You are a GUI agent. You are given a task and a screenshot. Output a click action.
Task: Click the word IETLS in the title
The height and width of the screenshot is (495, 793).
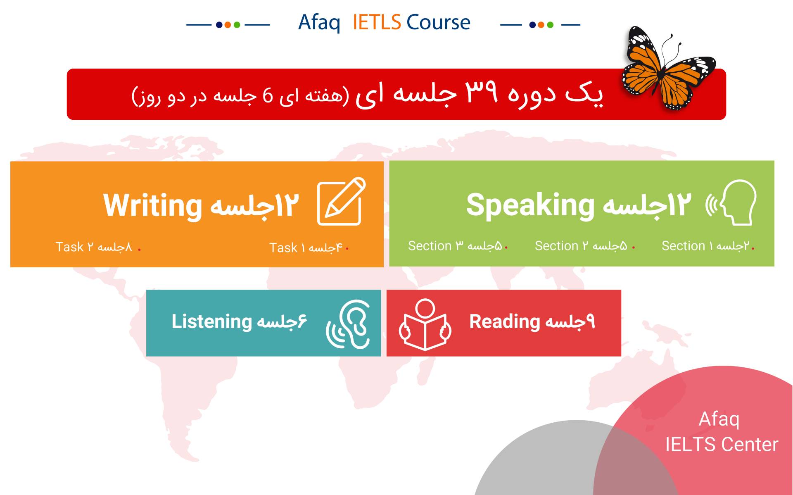(376, 22)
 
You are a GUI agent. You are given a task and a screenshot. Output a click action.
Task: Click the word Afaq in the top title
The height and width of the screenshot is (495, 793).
(319, 23)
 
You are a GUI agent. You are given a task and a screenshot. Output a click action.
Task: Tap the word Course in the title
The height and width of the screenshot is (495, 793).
(438, 22)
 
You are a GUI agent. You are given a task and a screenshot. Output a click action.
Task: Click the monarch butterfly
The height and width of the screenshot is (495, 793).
(669, 68)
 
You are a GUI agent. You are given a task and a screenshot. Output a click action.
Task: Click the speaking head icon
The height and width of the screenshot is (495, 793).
(731, 202)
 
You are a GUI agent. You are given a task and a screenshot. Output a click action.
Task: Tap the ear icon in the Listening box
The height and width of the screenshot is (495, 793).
(348, 324)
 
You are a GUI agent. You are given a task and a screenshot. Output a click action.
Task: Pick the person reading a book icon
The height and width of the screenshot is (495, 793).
(425, 325)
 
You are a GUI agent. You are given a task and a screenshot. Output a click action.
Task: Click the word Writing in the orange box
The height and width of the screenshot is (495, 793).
(152, 206)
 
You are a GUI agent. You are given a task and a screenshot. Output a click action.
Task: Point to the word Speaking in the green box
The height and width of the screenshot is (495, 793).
(530, 205)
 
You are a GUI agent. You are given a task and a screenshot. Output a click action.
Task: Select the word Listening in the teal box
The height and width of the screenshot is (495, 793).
(211, 322)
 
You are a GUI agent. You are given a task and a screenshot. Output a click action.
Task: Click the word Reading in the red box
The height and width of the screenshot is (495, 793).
(505, 322)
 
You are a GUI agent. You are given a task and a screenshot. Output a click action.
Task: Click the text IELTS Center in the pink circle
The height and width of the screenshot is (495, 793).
(722, 445)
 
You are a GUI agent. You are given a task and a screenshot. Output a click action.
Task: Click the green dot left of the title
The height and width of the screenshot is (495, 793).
(237, 25)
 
